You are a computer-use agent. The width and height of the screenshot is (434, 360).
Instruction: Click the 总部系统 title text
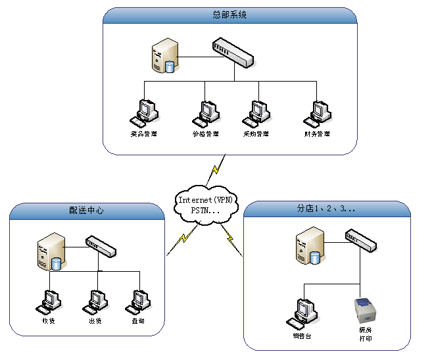(x=230, y=14)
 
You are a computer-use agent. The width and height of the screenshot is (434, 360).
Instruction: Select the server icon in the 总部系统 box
(x=165, y=56)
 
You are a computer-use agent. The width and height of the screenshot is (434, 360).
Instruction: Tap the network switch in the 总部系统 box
(x=233, y=53)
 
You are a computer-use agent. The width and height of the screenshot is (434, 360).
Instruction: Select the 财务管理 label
(x=317, y=134)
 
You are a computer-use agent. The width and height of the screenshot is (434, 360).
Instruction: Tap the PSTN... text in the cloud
(x=205, y=210)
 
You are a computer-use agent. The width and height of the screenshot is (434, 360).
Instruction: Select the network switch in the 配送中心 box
(x=100, y=246)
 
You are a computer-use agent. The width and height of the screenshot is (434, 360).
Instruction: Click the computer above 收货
(x=48, y=301)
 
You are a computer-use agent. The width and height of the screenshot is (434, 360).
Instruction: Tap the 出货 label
(x=95, y=321)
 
